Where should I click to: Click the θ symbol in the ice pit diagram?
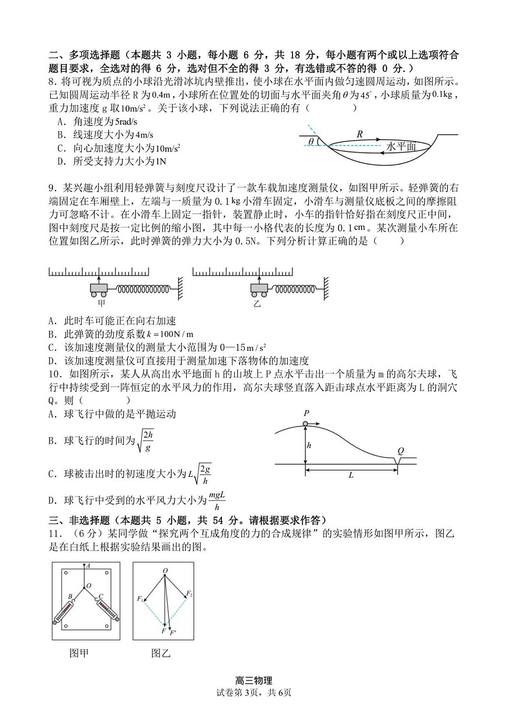[311, 141]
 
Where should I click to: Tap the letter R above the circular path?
[360, 134]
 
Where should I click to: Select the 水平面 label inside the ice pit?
[401, 147]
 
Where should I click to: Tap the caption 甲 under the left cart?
[101, 304]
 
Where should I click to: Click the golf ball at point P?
[305, 423]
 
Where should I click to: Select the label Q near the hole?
[401, 450]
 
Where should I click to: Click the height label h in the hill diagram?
[309, 445]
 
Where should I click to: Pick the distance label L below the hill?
[351, 475]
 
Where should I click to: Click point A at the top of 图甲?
[88, 565]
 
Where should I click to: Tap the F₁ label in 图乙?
[140, 599]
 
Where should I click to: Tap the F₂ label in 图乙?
[189, 594]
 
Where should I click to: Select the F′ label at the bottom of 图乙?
[172, 632]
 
